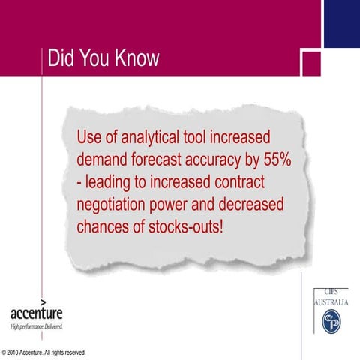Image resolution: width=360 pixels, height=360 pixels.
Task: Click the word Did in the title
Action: [60, 58]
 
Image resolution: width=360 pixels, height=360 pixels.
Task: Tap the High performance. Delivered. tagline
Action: [36, 327]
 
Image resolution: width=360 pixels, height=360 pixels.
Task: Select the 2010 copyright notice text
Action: [44, 352]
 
